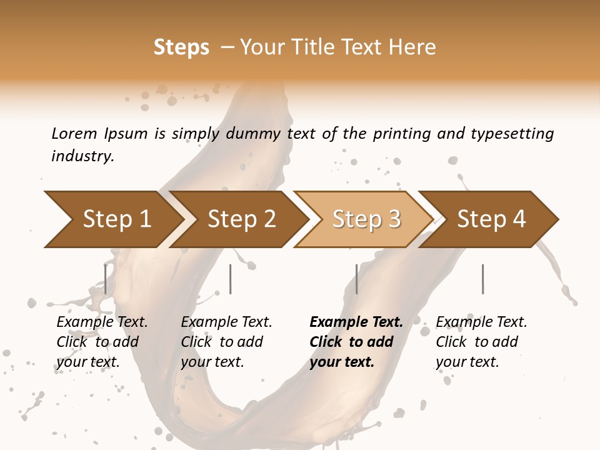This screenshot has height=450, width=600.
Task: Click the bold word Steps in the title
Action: tap(181, 47)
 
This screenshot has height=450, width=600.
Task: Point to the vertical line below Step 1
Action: tap(106, 279)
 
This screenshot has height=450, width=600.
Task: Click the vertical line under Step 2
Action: tap(231, 279)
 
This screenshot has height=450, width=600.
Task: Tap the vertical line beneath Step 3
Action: tap(356, 279)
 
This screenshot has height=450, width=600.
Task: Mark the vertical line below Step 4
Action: tap(482, 279)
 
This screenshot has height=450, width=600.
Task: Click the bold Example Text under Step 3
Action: tap(356, 322)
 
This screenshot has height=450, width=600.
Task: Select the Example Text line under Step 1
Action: tap(102, 322)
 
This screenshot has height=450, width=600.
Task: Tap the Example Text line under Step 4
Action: tap(481, 322)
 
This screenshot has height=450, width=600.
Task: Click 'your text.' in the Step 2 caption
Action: tap(212, 362)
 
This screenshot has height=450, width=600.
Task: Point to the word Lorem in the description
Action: tap(74, 133)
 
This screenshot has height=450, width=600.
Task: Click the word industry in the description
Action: tap(82, 156)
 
